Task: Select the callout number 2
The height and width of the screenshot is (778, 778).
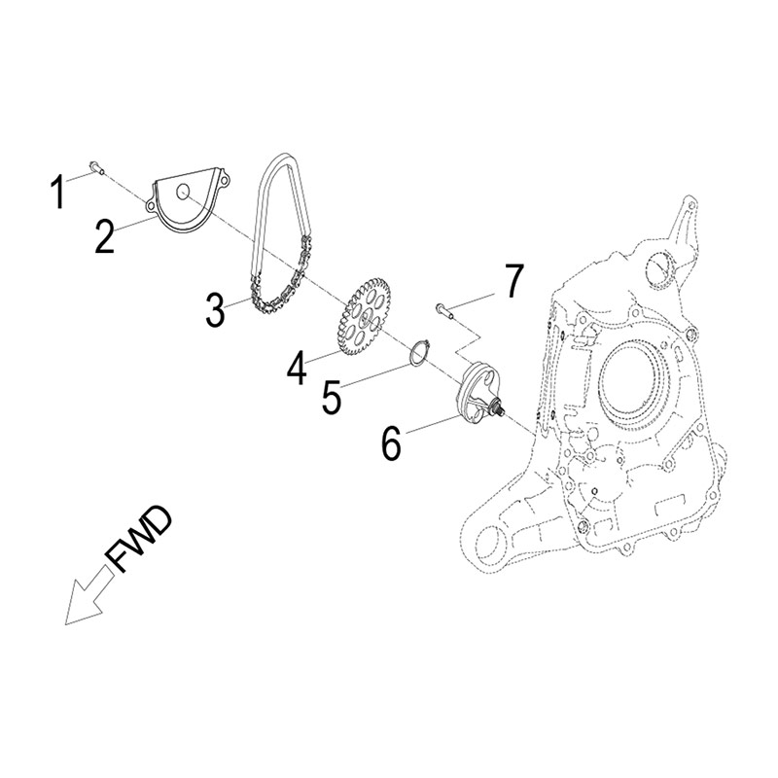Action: pos(105,235)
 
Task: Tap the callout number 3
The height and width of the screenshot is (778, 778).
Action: pos(214,308)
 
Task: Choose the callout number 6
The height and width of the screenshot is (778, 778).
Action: pos(391,442)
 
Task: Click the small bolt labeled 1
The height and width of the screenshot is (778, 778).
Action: pos(94,167)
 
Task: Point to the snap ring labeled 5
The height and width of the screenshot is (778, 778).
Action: pos(418,352)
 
